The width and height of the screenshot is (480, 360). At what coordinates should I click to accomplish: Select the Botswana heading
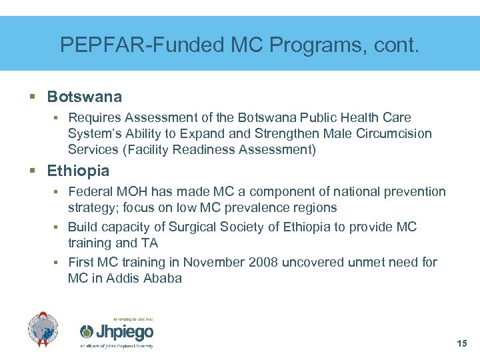point(84,97)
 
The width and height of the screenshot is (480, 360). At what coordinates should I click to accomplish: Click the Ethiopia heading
point(78,171)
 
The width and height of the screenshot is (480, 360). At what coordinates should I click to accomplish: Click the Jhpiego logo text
point(125,332)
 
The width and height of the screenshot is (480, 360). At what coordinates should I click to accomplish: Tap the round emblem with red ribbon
point(43,329)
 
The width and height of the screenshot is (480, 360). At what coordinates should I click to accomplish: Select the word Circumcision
point(393,133)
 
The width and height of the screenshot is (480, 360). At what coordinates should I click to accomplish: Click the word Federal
point(91,192)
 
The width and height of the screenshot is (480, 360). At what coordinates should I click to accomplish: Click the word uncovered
point(314,262)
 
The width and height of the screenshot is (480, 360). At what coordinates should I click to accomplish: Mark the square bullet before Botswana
point(33,97)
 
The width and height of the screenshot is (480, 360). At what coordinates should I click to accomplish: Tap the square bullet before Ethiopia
point(33,171)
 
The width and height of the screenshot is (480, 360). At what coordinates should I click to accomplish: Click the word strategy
point(91,208)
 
